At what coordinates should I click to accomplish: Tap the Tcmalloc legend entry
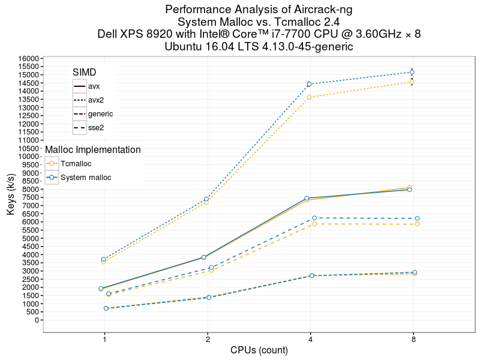click(x=76, y=163)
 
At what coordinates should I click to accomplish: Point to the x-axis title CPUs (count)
click(x=259, y=350)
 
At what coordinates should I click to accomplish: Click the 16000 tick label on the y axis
click(x=29, y=58)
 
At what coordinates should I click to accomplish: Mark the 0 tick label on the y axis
click(x=37, y=320)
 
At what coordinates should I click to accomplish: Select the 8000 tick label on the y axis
click(x=31, y=190)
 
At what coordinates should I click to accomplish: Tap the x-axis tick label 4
click(x=310, y=340)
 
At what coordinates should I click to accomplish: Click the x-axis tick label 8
click(x=413, y=340)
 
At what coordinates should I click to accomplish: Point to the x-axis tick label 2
click(x=208, y=340)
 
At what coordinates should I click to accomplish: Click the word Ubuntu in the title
click(x=184, y=46)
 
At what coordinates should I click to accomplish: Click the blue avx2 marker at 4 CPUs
click(x=310, y=84)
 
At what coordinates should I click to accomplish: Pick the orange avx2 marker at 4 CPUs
click(x=310, y=97)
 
